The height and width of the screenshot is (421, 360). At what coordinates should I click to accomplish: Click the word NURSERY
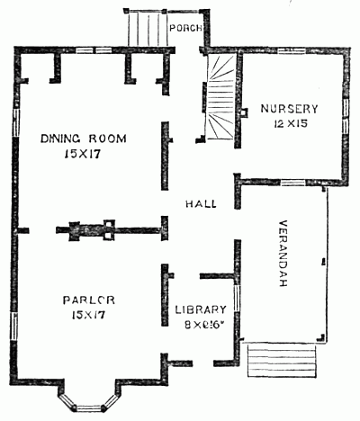point(290,109)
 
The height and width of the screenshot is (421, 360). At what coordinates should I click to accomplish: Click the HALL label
point(200,204)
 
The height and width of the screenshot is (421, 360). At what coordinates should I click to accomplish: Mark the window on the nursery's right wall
point(347,122)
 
